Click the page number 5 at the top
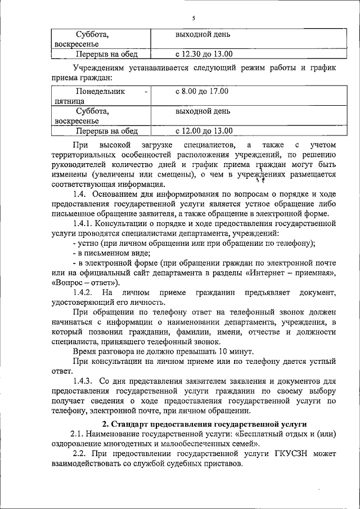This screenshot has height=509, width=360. point(192,19)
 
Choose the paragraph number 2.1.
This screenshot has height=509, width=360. point(78,434)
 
